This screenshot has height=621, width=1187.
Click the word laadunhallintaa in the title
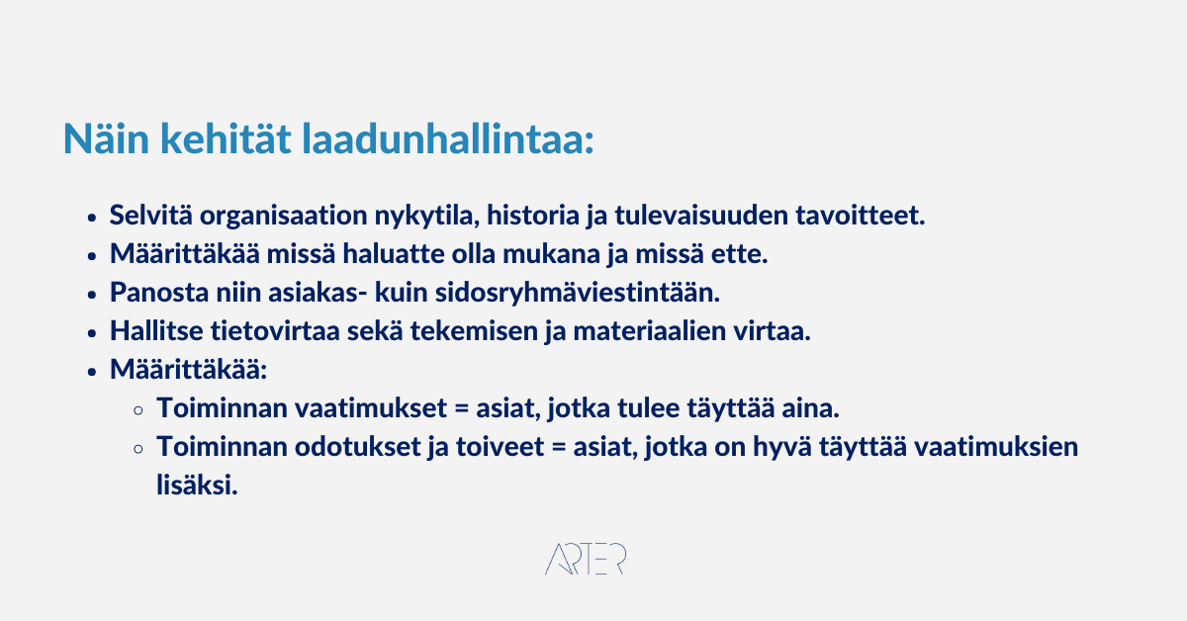point(448,138)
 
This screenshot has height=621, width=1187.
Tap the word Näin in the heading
point(106,138)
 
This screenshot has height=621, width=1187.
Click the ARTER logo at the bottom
point(586,559)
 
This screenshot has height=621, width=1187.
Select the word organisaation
point(284,217)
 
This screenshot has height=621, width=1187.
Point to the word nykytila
point(427,217)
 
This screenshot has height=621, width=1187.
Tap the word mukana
point(551,254)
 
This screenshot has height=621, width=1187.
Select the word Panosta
point(159,293)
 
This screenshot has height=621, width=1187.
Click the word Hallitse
point(156,331)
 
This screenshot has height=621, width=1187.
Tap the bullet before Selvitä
point(92,218)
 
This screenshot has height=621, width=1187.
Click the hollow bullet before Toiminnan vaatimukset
point(138,410)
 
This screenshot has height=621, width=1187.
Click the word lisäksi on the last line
point(197,486)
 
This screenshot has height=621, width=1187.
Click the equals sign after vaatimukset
point(462,409)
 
